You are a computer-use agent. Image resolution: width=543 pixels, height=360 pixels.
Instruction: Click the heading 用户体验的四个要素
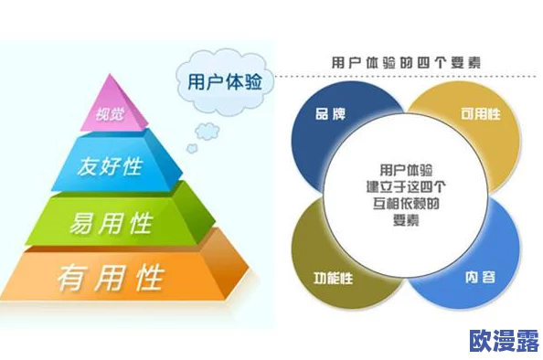[407, 62]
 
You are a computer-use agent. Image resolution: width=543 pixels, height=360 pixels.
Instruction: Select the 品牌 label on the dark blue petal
[330, 115]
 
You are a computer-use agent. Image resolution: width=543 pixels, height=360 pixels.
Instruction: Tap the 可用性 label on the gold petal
[481, 115]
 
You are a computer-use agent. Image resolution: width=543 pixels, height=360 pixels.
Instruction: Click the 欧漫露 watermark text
[504, 340]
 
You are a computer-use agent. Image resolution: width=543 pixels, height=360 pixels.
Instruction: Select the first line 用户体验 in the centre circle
[406, 170]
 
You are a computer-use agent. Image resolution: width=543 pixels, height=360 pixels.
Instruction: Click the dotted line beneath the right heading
[411, 77]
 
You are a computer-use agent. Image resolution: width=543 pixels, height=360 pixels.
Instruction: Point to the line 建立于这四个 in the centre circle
[406, 186]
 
